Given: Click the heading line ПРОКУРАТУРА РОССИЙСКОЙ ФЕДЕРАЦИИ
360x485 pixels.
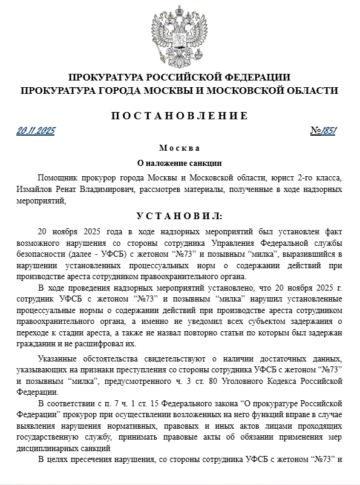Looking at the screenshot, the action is (180, 78).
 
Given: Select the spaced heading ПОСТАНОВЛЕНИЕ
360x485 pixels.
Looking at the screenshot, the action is (180, 116).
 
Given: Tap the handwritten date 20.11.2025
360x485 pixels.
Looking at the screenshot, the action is (36, 131).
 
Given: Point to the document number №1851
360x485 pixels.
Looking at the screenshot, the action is (323, 131).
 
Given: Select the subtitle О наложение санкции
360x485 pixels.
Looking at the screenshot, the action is (180, 163).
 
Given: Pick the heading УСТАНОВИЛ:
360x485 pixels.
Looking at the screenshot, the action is (180, 216).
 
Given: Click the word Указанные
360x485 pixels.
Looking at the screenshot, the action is (59, 358).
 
